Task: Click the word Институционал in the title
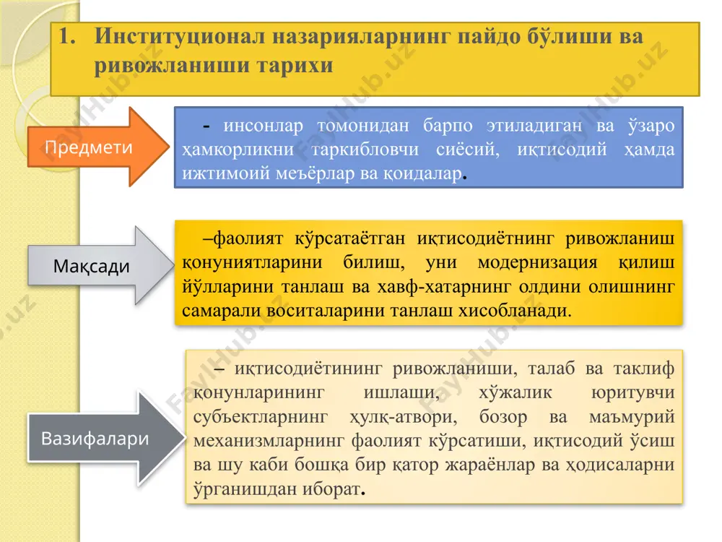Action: [180, 36]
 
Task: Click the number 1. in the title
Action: [67, 36]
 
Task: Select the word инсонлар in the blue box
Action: [264, 125]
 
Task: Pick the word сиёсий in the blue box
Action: [468, 150]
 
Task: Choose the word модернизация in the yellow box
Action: [537, 263]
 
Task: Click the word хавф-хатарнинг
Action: [444, 287]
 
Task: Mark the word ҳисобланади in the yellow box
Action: [515, 311]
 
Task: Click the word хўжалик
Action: [516, 392]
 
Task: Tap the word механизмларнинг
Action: [269, 441]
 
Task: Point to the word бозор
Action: [503, 417]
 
